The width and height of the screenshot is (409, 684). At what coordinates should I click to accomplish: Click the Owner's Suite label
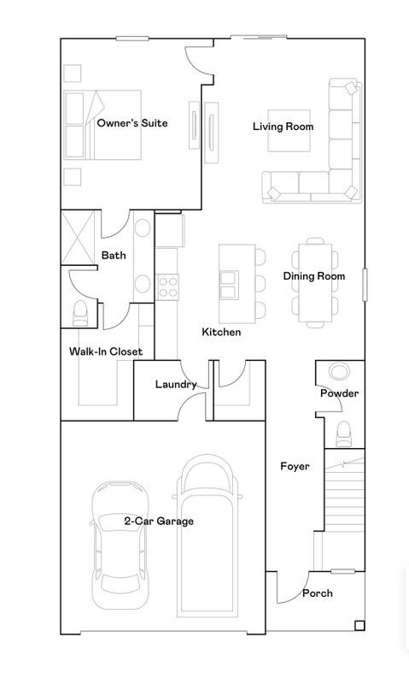pyautogui.click(x=131, y=123)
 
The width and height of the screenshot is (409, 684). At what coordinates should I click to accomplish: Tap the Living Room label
pyautogui.click(x=283, y=127)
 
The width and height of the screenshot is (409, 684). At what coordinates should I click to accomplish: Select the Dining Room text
pyautogui.click(x=313, y=276)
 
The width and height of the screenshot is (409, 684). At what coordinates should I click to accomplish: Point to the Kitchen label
pyautogui.click(x=221, y=332)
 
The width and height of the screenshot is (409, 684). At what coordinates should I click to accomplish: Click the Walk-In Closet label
pyautogui.click(x=106, y=351)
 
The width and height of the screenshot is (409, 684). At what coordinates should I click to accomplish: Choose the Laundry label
pyautogui.click(x=176, y=385)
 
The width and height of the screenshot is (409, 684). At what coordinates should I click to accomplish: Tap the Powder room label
pyautogui.click(x=339, y=393)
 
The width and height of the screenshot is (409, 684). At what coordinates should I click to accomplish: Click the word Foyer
pyautogui.click(x=295, y=466)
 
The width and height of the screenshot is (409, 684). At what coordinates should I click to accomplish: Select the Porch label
pyautogui.click(x=318, y=593)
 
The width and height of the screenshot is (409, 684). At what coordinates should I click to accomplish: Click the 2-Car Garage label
pyautogui.click(x=159, y=520)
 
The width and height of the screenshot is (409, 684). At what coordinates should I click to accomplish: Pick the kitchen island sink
pyautogui.click(x=230, y=283)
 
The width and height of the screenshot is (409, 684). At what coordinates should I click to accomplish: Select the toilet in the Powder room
pyautogui.click(x=343, y=433)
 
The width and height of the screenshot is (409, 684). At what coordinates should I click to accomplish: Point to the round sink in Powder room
pyautogui.click(x=339, y=373)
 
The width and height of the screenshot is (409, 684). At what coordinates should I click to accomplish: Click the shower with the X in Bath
pyautogui.click(x=79, y=237)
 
